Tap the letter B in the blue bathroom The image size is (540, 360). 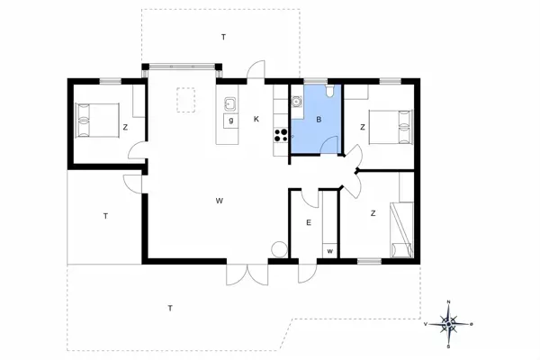tap(319, 119)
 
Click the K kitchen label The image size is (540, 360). tap(256, 119)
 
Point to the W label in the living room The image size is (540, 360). tap(219, 200)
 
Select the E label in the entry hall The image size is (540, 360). tap(308, 222)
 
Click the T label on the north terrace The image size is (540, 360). tap(223, 36)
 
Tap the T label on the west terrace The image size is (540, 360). tap(105, 216)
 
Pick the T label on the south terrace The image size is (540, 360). tap(169, 309)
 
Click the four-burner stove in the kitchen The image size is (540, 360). tap(281, 136)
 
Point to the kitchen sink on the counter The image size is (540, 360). tap(229, 103)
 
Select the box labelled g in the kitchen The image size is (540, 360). tap(230, 120)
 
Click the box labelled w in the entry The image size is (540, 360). tap(330, 249)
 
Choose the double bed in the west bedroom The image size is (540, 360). tap(98, 120)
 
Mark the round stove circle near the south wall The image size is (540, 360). tap(278, 249)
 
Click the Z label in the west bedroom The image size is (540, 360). tap(125, 128)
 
